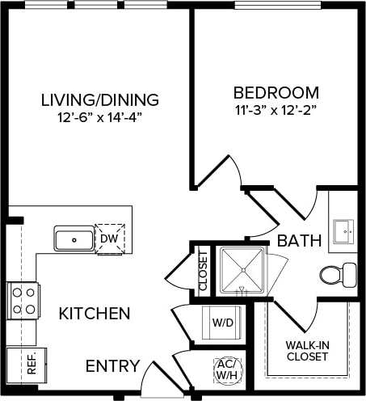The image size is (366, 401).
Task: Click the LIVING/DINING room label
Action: [99, 100]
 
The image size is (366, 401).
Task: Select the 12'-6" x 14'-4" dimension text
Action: [99, 118]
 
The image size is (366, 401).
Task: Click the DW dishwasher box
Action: [109, 238]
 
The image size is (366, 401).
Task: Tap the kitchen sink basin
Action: [74, 239]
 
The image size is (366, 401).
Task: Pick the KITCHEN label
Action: [95, 313]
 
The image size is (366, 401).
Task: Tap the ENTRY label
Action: [112, 365]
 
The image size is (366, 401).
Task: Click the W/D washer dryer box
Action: [222, 323]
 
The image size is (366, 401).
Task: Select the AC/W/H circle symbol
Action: [225, 369]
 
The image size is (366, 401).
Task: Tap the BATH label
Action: [300, 240]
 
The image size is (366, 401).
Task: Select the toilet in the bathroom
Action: [337, 274]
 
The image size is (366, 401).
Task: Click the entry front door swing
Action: [154, 378]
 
